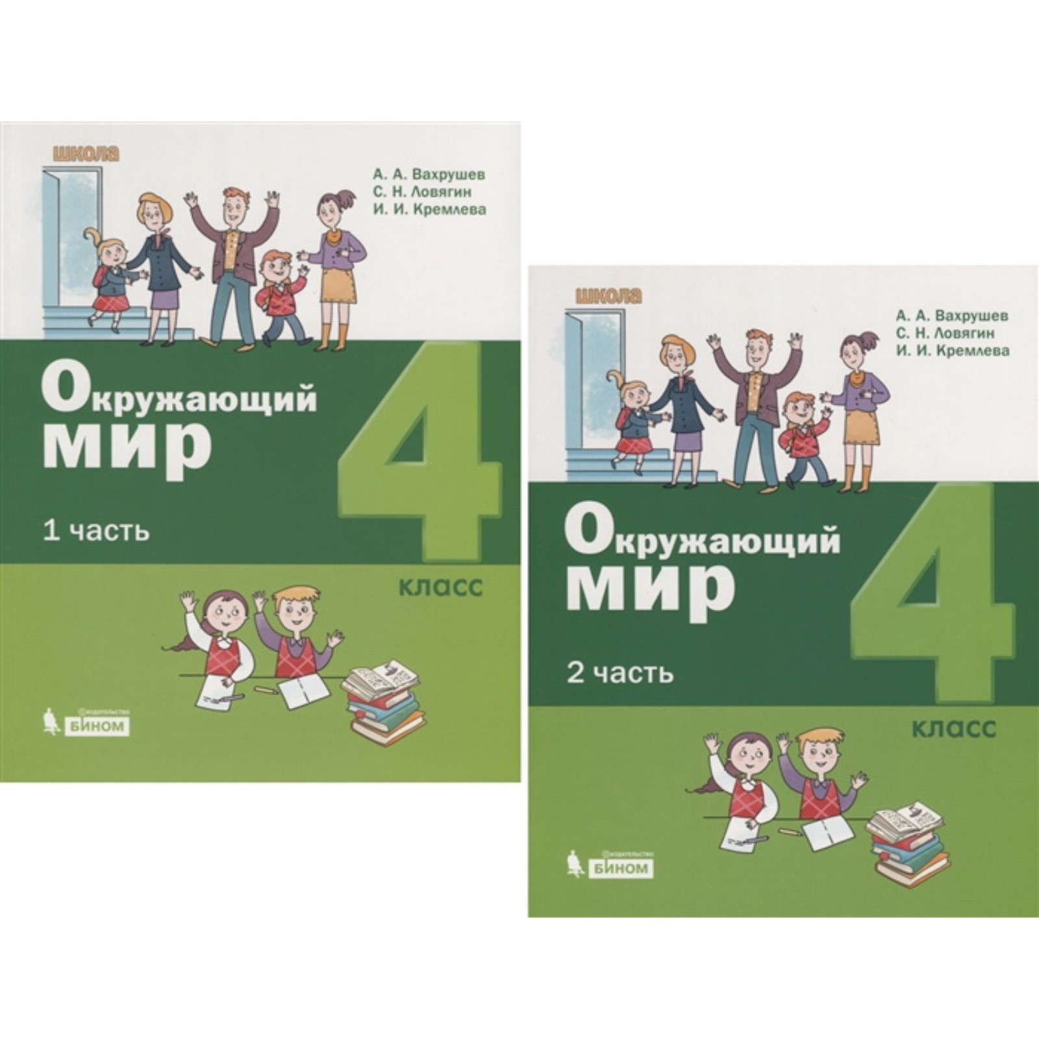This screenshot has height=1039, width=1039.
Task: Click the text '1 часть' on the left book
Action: (96, 532)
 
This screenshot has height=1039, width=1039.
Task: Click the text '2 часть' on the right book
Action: (620, 673)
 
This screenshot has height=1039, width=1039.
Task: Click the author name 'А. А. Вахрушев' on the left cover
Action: (429, 175)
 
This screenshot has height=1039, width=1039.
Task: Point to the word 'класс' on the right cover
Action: (954, 729)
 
